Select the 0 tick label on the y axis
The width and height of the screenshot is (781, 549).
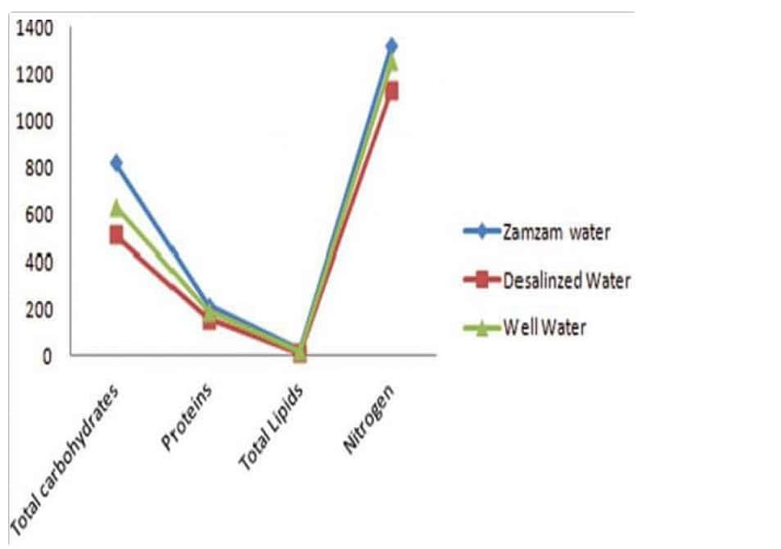click(47, 356)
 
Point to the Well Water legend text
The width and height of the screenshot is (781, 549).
click(546, 329)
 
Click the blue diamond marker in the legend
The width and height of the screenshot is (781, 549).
click(482, 232)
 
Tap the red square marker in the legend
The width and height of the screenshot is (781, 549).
click(482, 281)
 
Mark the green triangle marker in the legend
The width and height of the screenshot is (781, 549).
click(482, 328)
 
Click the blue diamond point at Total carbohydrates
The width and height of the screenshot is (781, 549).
click(116, 163)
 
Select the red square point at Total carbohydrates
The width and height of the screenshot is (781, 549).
click(116, 235)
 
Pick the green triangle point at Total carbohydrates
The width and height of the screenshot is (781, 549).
click(116, 207)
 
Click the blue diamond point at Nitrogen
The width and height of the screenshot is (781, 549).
click(391, 45)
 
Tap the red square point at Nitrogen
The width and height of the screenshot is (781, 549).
click(391, 91)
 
